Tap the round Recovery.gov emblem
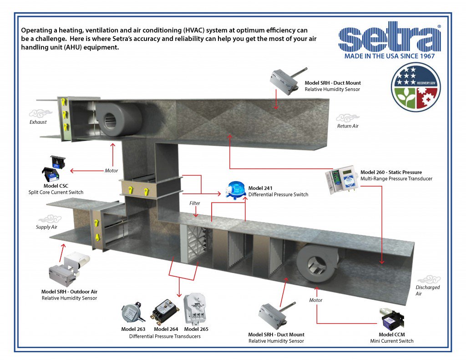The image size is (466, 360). (x=415, y=87)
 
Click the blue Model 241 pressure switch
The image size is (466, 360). (x=236, y=191)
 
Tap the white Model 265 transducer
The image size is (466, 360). (x=195, y=309)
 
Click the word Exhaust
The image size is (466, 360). (x=38, y=122)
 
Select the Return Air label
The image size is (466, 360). (x=347, y=126)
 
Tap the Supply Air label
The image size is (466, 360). (x=47, y=227)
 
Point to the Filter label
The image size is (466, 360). (x=195, y=203)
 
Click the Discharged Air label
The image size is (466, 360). (x=427, y=290)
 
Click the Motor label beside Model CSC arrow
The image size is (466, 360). (x=111, y=171)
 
